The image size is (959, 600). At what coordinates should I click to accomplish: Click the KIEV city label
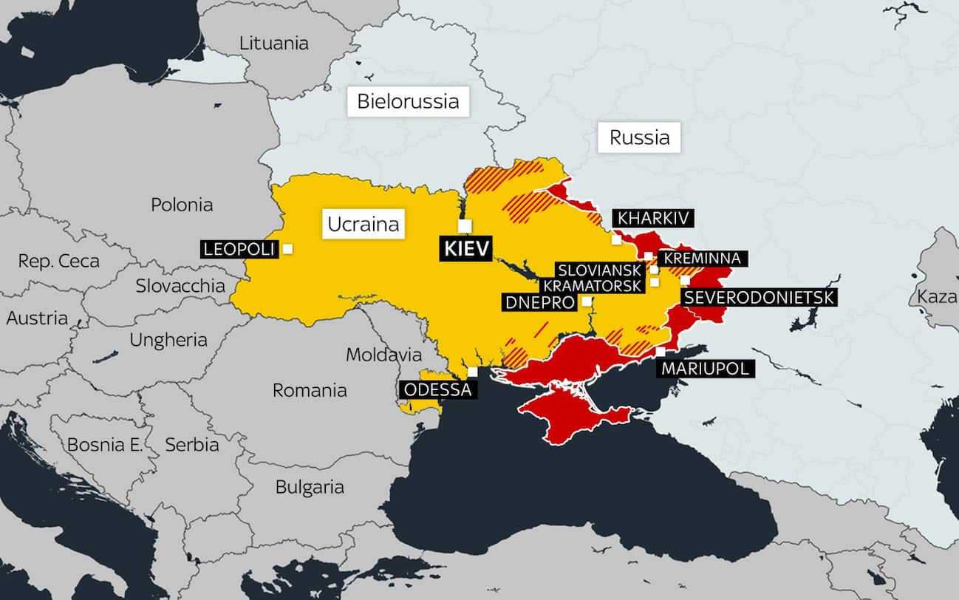tap(465, 249)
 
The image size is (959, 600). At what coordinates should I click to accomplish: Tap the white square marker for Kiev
tap(464, 225)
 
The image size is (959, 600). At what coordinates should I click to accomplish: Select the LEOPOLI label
tap(239, 249)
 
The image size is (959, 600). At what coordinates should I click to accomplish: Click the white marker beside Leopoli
tap(287, 249)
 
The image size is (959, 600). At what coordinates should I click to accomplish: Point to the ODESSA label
tap(436, 389)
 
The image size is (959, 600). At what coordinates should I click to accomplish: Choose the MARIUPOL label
tap(705, 369)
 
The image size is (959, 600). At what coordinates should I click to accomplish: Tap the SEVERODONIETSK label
tap(760, 298)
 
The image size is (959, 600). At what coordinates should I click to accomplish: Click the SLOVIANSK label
tap(599, 270)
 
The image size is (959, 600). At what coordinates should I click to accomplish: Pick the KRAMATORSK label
tap(593, 285)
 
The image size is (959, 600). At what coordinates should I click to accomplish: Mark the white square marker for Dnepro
tap(586, 301)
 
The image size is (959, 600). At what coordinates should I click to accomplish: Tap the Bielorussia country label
tap(408, 101)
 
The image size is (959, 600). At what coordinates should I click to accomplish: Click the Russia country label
tap(639, 137)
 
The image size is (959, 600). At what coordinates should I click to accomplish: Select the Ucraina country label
tap(363, 224)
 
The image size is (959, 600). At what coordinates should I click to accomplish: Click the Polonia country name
tap(182, 205)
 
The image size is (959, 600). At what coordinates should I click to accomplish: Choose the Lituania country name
tap(273, 43)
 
